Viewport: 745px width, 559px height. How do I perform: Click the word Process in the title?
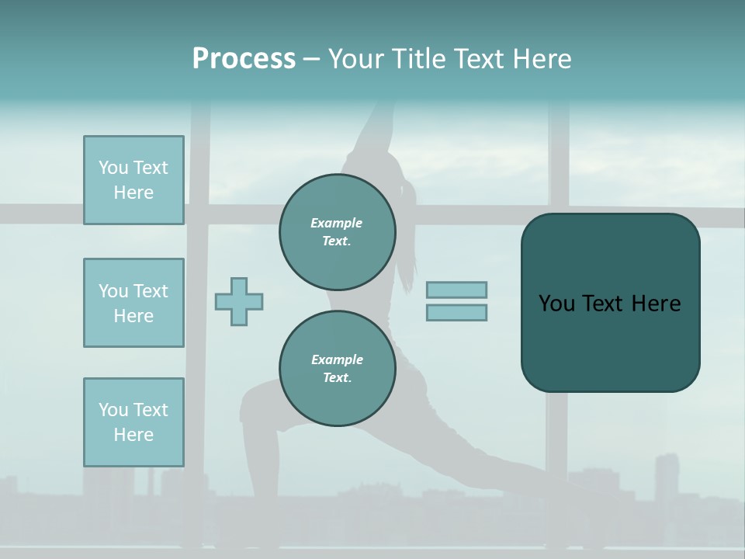click(244, 59)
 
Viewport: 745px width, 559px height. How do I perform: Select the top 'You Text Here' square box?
click(133, 180)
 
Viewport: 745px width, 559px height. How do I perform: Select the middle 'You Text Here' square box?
click(133, 303)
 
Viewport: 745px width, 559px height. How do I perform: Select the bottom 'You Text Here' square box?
click(133, 422)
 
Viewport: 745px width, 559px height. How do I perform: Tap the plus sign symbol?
click(239, 301)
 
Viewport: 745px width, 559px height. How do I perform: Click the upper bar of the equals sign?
click(456, 290)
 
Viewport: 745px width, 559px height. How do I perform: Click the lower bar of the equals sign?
click(456, 312)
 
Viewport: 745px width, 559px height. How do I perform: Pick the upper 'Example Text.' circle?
click(337, 232)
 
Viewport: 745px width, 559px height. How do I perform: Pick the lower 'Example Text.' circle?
click(337, 369)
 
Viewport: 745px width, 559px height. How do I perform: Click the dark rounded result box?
click(610, 342)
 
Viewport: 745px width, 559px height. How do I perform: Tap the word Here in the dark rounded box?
click(656, 304)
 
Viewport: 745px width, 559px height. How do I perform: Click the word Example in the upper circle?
click(337, 224)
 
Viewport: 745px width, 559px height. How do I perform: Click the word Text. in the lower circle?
click(337, 378)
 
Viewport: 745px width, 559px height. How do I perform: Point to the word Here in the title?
click(542, 59)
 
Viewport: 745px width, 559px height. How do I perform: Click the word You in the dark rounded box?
click(556, 304)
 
